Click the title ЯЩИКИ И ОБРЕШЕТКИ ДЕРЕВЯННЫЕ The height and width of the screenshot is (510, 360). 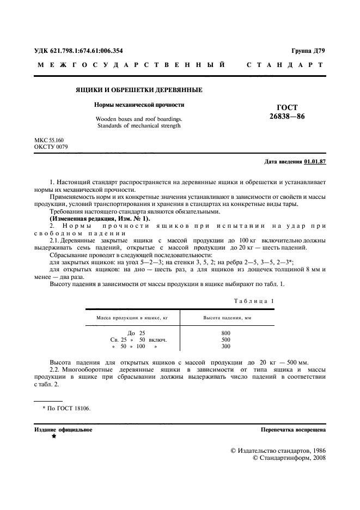pos(139,89)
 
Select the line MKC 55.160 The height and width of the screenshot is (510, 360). pos(49,141)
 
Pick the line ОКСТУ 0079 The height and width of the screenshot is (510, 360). pos(51,147)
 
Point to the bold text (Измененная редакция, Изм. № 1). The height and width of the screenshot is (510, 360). pos(92,218)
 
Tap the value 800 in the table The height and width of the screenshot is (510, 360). pos(225,333)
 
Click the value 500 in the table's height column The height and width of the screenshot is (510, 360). pos(225,339)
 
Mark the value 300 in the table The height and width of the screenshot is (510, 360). pos(225,346)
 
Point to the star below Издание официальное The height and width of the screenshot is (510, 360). pos(54,437)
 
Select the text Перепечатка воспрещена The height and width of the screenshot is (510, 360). pos(294,430)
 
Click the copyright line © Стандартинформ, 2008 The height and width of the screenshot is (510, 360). pos(290,459)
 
